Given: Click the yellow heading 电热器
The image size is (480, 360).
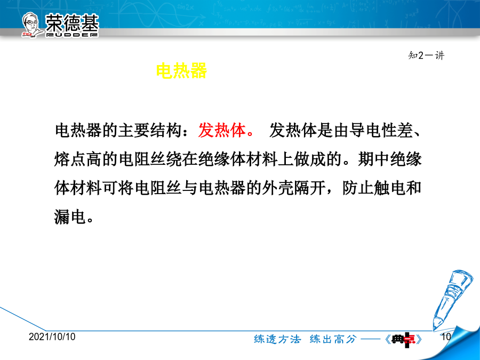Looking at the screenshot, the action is tap(181, 71).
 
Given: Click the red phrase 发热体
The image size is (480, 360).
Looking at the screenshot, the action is tap(222, 131).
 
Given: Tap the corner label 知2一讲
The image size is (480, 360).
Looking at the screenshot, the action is tap(426, 55).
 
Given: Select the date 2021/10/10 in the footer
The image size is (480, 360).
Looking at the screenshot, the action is tap(52, 337).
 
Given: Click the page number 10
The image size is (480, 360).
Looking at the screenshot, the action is tap(446, 337).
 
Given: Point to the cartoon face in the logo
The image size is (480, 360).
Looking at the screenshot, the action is tap(31, 24).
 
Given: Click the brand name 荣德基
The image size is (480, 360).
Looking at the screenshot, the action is tap(72, 22).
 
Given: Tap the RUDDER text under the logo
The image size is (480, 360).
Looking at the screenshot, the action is tap(72, 35).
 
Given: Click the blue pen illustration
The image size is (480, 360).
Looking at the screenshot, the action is tap(448, 299).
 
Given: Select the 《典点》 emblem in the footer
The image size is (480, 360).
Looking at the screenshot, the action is tap(404, 339).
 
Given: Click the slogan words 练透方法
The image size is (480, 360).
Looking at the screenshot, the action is tap(277, 339).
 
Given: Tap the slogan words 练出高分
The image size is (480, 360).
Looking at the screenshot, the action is tap(333, 339).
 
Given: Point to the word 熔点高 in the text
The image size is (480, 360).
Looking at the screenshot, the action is tap(78, 159).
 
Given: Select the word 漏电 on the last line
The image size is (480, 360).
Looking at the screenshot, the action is tap(70, 217).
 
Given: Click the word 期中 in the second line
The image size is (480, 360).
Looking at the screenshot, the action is tap(373, 159).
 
